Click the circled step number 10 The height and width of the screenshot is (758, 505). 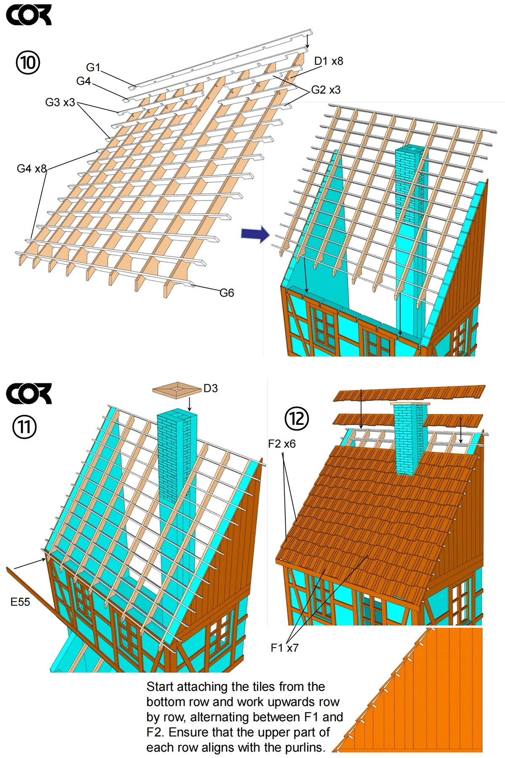pos(28,62)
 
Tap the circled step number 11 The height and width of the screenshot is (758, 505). pos(24,427)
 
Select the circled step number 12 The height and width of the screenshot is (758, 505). pos(297,418)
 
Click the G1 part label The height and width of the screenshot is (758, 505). pos(93,67)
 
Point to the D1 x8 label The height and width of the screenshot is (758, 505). pos(328,61)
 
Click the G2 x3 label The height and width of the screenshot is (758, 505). pos(326,90)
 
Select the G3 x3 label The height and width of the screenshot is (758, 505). pos(60,102)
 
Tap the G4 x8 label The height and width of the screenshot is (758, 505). pos(32,169)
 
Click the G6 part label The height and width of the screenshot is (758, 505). pos(227,293)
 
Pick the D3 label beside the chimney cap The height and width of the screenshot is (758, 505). pos(210,388)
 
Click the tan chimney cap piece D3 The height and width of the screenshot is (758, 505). pos(177,390)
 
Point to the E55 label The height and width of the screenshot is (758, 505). pos(20,602)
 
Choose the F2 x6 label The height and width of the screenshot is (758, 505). pos(282,444)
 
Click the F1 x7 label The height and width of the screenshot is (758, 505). pos(284,648)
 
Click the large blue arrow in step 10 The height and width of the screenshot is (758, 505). pos(255,234)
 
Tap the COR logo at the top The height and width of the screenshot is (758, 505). pos(29,15)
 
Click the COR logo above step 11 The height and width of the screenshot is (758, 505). pos(29,394)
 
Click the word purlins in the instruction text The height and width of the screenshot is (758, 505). pos(305,747)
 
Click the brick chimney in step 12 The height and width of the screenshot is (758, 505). pos(410,438)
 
